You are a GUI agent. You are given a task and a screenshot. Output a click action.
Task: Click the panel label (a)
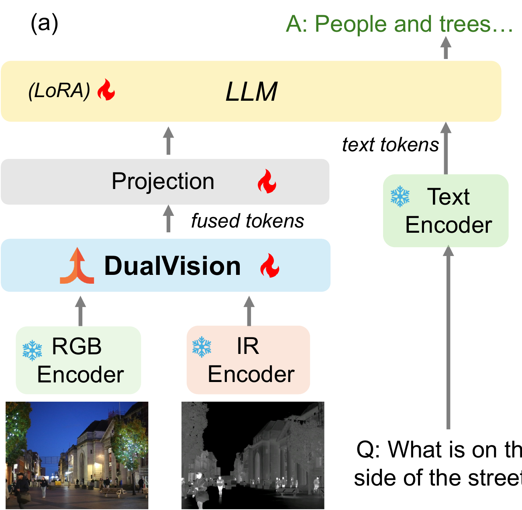(x=44, y=24)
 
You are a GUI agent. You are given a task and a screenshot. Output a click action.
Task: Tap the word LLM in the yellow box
(x=251, y=92)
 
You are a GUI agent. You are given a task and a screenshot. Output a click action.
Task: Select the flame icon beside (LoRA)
(x=106, y=89)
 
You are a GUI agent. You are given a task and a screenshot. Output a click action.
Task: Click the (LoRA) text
(x=59, y=91)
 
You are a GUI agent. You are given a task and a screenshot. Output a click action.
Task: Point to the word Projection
(x=163, y=181)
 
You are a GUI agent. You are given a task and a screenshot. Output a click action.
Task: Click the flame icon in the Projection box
(x=267, y=181)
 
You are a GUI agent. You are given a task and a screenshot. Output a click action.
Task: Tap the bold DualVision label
(x=172, y=266)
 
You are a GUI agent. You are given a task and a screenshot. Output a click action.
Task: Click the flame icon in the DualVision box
(x=269, y=266)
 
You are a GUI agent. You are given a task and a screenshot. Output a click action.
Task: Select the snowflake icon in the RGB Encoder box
(x=33, y=351)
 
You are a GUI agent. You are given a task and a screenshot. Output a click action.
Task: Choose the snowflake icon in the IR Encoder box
(x=202, y=347)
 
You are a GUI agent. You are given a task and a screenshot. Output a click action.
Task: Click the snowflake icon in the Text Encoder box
(x=400, y=197)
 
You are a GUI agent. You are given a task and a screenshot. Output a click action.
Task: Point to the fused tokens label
(x=247, y=221)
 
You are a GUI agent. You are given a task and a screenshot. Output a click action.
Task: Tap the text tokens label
(x=390, y=145)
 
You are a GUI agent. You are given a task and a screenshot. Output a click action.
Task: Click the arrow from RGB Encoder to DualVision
(x=81, y=311)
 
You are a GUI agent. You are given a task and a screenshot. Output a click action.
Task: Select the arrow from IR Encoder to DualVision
(x=249, y=311)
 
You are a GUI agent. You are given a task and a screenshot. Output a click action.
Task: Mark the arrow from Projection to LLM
(x=168, y=140)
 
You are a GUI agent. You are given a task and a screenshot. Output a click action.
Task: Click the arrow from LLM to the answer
(x=446, y=48)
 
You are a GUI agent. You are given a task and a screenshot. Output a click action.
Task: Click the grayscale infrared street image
(x=253, y=455)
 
